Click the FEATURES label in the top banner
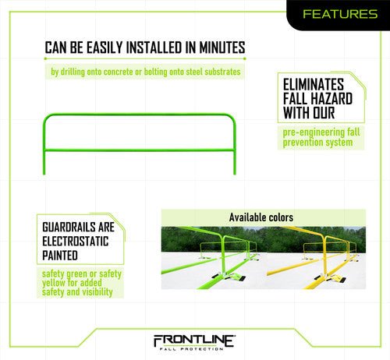(x=337, y=13)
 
